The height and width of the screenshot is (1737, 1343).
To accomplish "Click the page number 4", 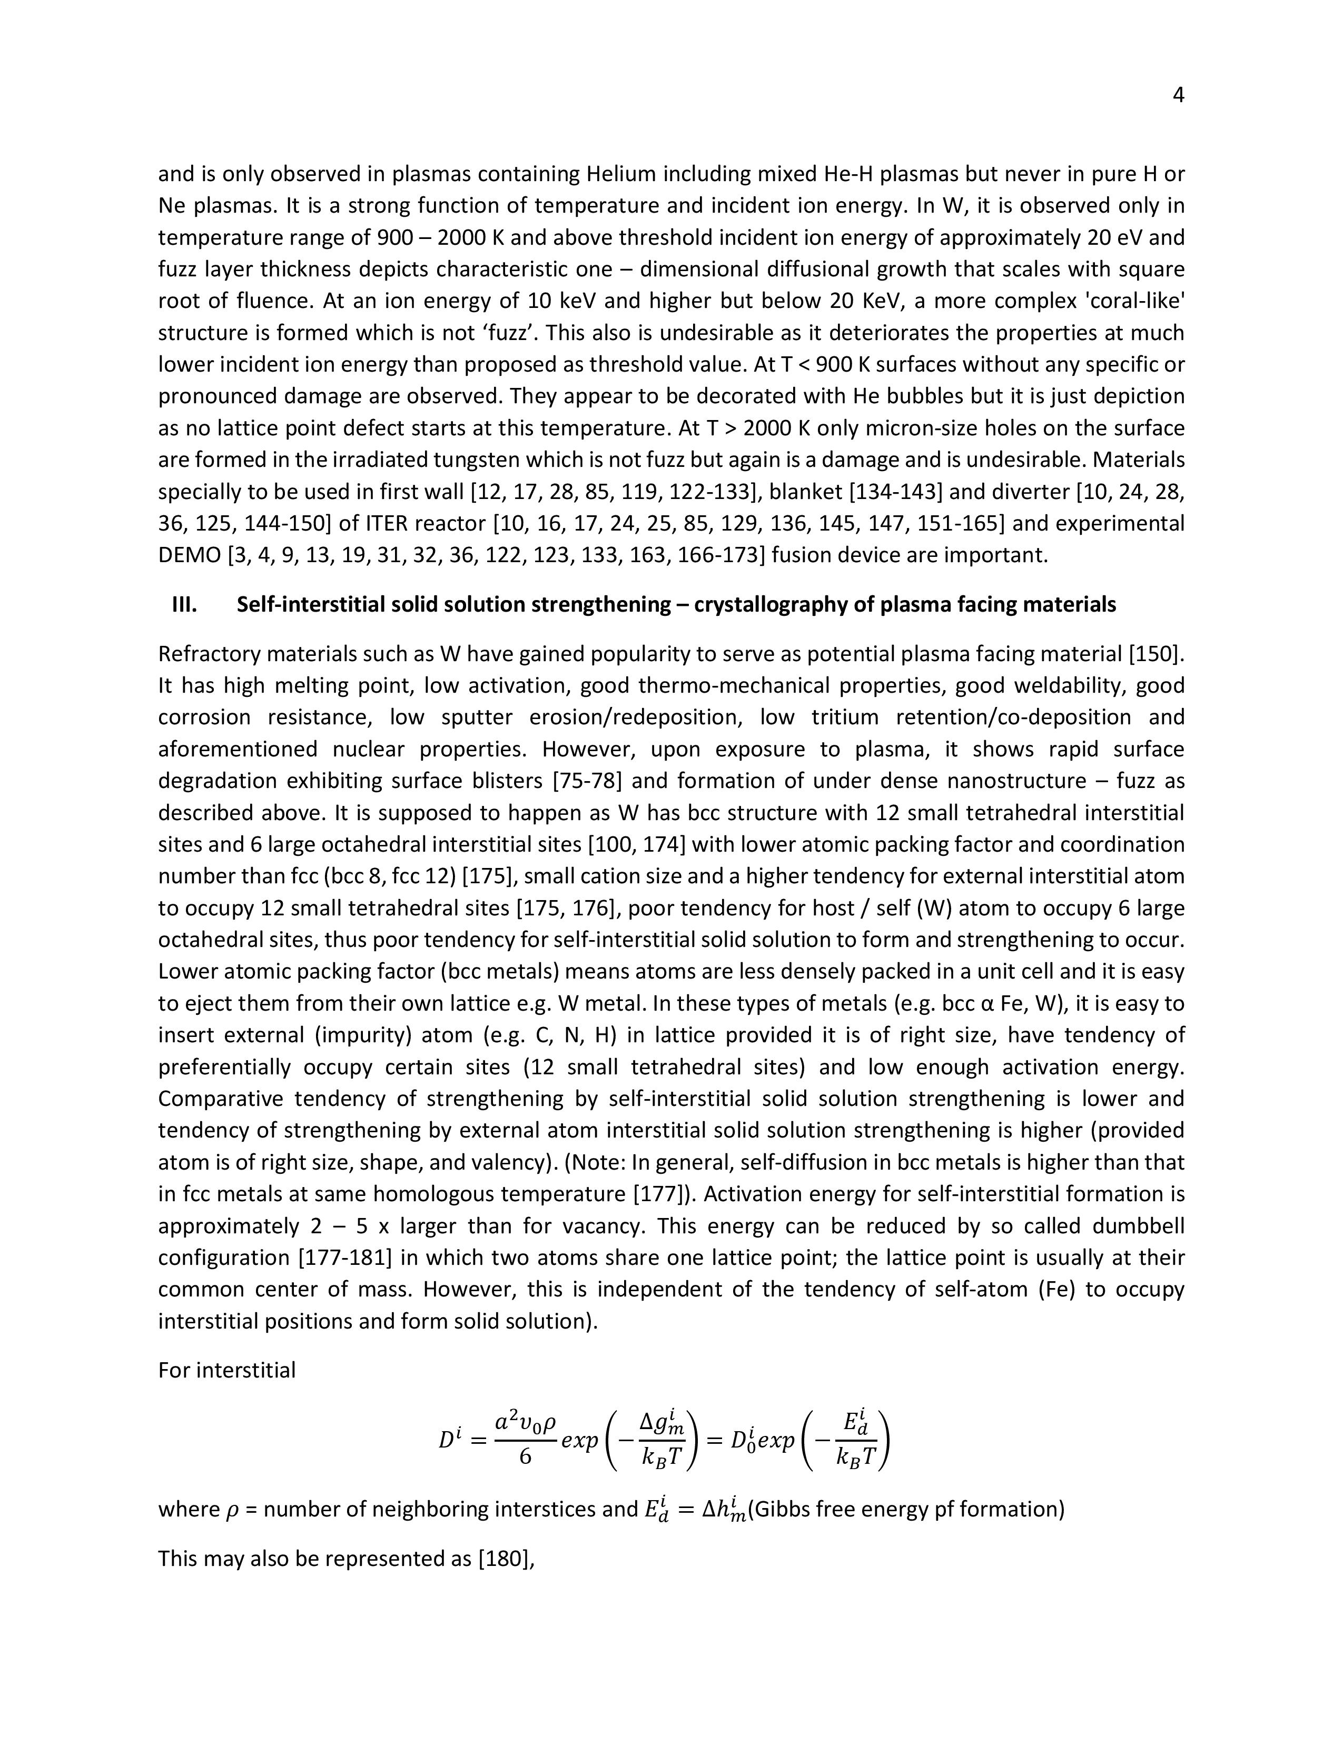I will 1178,95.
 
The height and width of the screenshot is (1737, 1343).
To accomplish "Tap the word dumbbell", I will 1138,1225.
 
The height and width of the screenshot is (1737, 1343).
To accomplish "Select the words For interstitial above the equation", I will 227,1370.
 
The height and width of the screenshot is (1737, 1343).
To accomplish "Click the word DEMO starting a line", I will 190,555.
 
